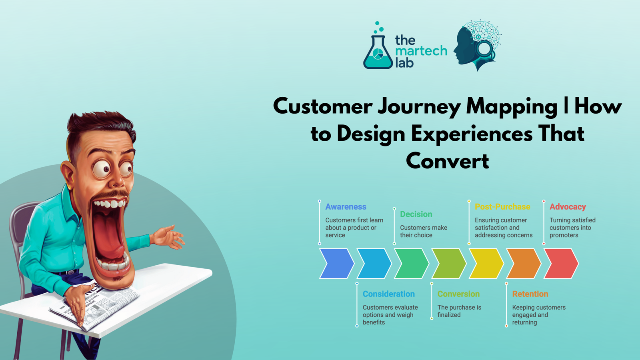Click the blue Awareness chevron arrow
[x=335, y=264]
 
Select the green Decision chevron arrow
[x=410, y=264]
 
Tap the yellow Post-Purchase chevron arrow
[x=485, y=264]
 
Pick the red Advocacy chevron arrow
[x=560, y=264]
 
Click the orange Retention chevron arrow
[x=522, y=264]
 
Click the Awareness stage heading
[x=346, y=207]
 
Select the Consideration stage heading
[x=388, y=294]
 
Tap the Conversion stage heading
[x=458, y=294]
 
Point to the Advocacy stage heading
[x=567, y=207]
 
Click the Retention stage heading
[x=530, y=294]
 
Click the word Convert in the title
[x=447, y=161]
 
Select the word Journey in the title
[x=419, y=107]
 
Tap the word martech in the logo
[x=421, y=51]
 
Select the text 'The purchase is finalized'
[x=459, y=311]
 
